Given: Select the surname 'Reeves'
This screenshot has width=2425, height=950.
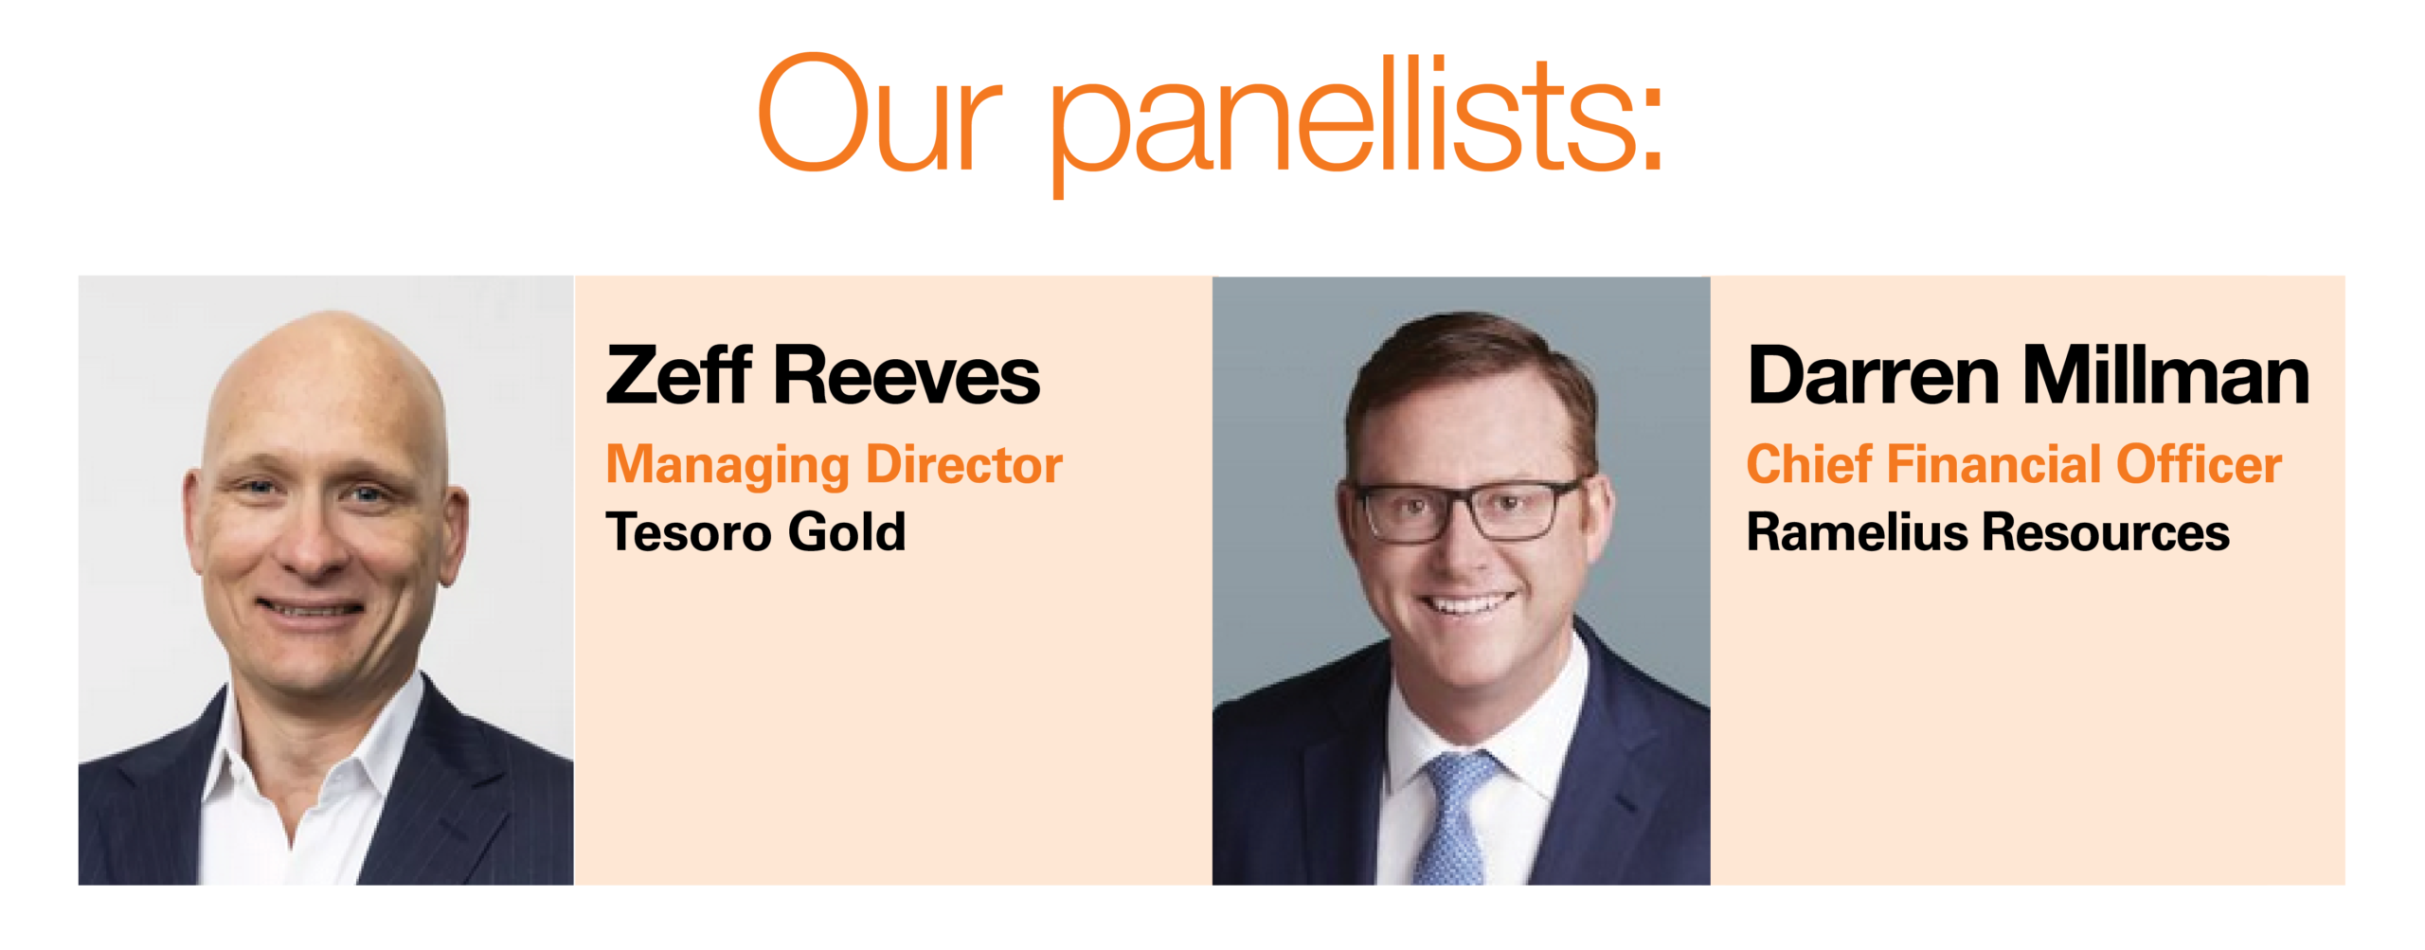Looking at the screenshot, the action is click(907, 376).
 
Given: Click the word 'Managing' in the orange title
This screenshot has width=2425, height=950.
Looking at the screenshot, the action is click(727, 466).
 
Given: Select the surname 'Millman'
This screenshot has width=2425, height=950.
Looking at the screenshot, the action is click(2166, 376).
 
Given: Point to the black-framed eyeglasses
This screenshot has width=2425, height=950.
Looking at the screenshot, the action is click(1464, 510).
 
